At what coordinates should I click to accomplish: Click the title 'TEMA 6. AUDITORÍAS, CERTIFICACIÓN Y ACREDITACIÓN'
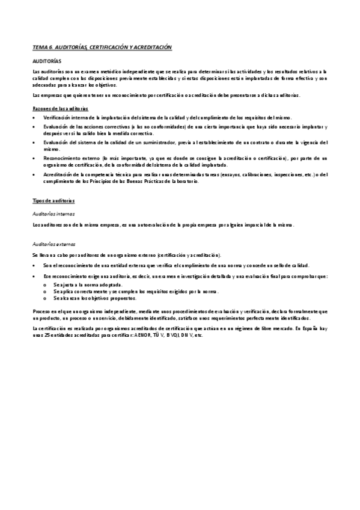(102, 47)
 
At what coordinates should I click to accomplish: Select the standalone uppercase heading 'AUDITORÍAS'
(47, 61)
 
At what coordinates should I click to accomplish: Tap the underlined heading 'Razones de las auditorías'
(60, 108)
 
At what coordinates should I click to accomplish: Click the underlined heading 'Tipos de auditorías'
(53, 199)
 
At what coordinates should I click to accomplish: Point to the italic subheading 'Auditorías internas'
(54, 214)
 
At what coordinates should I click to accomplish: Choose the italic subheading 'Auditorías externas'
(55, 244)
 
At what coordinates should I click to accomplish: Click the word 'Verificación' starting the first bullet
(57, 117)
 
